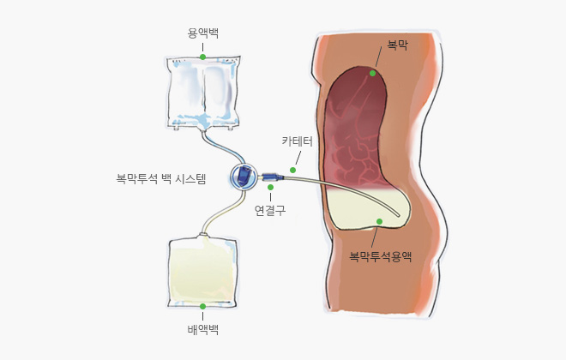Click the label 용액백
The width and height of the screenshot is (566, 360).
click(203, 33)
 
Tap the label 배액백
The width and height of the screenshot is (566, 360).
click(203, 330)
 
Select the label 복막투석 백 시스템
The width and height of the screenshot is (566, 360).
click(161, 178)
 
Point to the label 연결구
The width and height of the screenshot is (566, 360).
click(270, 210)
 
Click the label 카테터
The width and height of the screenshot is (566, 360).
click(297, 141)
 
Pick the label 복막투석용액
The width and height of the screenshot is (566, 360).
click(381, 256)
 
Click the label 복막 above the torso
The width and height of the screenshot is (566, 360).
click(397, 45)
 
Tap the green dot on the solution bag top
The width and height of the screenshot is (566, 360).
click(203, 57)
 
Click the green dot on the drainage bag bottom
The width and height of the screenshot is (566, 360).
click(203, 306)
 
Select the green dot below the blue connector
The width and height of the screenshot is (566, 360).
click(270, 187)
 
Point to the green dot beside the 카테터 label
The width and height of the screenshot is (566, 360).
click(292, 170)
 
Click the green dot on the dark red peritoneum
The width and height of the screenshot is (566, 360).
click(372, 73)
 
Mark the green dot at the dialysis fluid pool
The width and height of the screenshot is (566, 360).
click(379, 221)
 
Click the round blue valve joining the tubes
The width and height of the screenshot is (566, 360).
click(244, 177)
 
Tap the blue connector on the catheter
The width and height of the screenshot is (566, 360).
click(273, 177)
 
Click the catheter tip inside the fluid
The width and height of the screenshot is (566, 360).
click(399, 215)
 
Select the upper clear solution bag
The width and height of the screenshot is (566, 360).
click(203, 93)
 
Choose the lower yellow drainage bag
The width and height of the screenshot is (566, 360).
click(203, 272)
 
